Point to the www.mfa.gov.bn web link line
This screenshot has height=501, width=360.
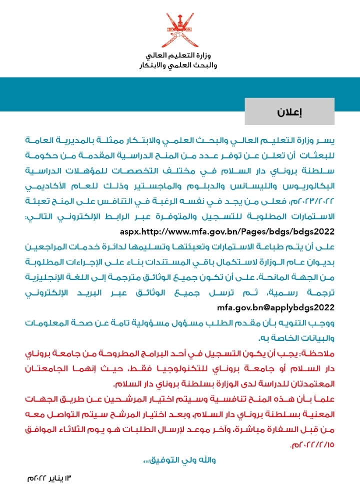pyautogui.click(x=226, y=232)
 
